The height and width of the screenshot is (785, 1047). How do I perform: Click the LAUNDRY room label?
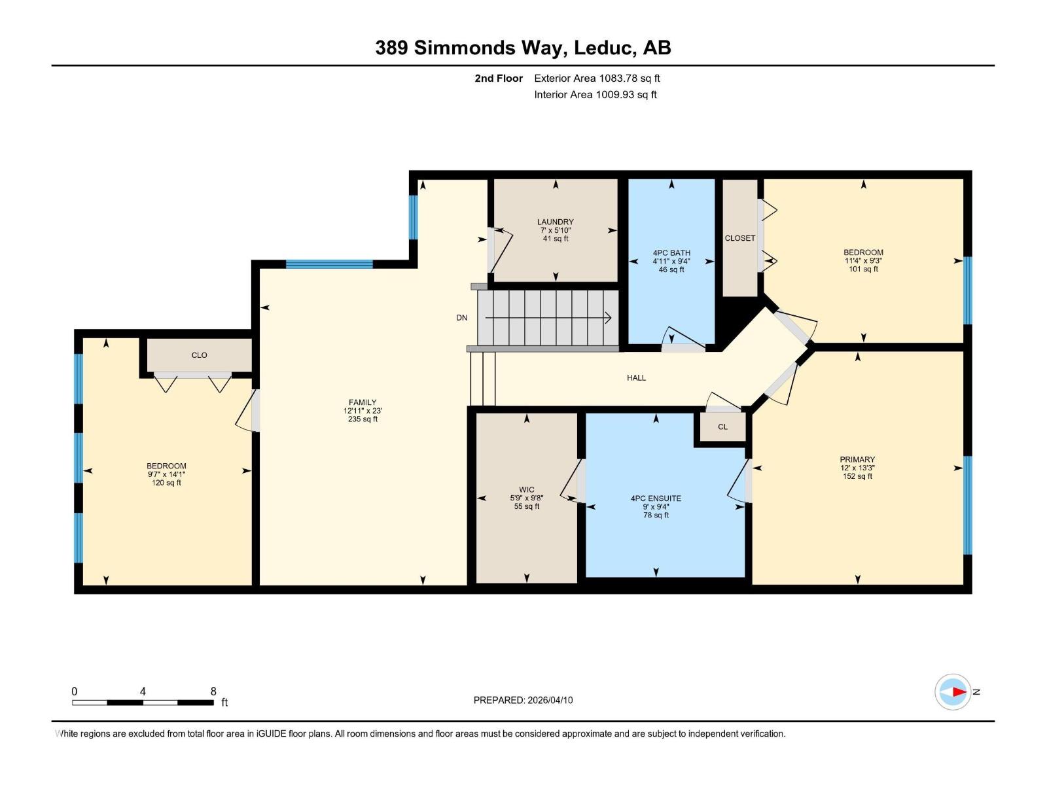pyautogui.click(x=555, y=222)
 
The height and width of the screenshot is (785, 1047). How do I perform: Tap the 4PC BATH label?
pyautogui.click(x=671, y=253)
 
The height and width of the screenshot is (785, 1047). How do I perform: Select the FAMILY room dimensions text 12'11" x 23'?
pyautogui.click(x=363, y=411)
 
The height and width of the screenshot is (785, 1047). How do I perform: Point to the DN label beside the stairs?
pyautogui.click(x=462, y=318)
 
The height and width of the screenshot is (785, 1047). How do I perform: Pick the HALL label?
pyautogui.click(x=636, y=377)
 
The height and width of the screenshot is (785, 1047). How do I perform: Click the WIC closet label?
pyautogui.click(x=527, y=489)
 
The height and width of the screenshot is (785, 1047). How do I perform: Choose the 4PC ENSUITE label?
pyautogui.click(x=656, y=498)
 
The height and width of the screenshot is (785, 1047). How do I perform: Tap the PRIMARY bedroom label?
pyautogui.click(x=857, y=459)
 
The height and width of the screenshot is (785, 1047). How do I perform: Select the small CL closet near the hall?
pyautogui.click(x=722, y=427)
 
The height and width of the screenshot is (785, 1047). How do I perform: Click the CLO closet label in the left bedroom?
pyautogui.click(x=199, y=355)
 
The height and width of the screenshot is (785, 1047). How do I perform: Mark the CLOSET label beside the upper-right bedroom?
pyautogui.click(x=740, y=238)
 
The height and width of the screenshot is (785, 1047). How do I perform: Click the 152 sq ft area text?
pyautogui.click(x=857, y=476)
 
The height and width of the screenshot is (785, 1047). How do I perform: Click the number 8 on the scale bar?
pyautogui.click(x=213, y=691)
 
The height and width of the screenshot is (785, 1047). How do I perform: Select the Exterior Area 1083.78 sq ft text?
pyautogui.click(x=597, y=78)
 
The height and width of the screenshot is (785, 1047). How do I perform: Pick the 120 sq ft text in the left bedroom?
pyautogui.click(x=166, y=483)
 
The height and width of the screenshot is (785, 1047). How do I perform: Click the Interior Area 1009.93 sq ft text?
pyautogui.click(x=595, y=94)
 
